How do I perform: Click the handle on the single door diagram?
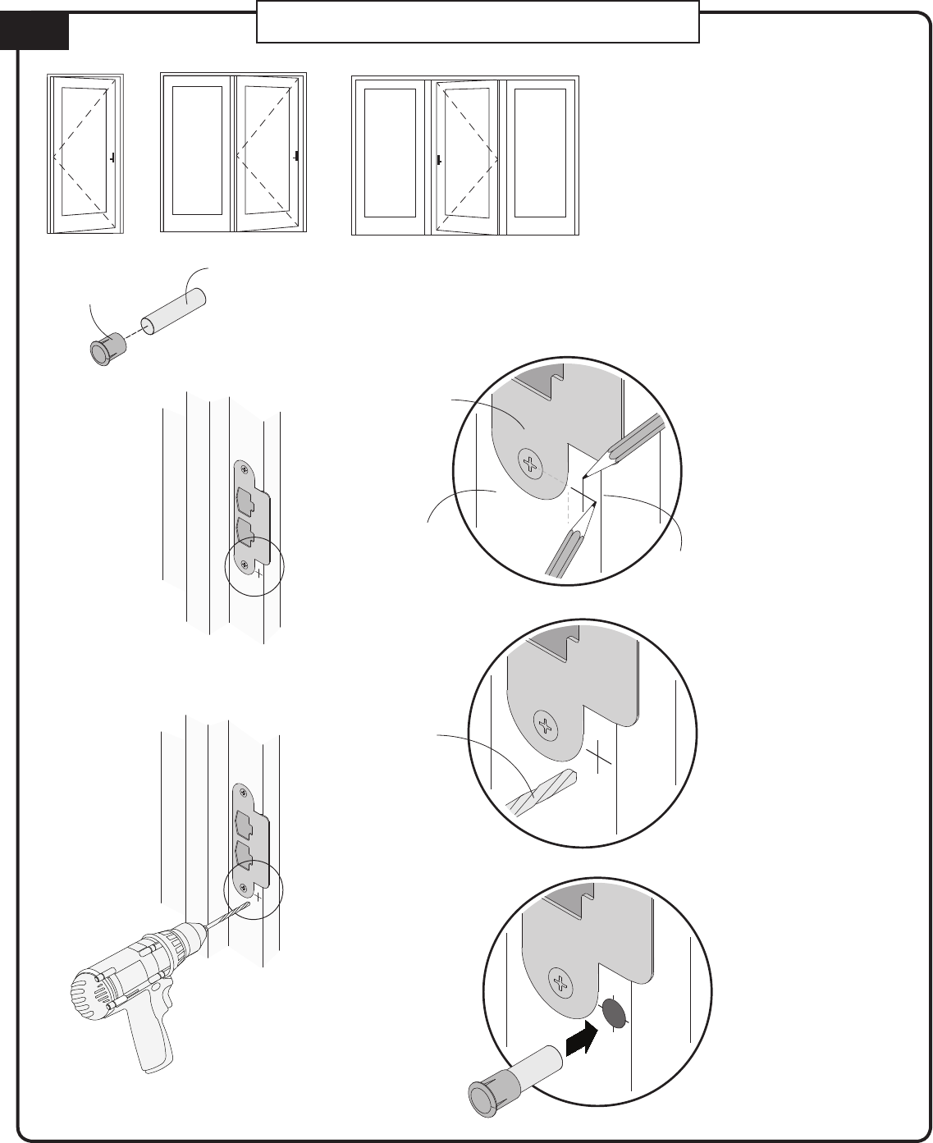pos(112,156)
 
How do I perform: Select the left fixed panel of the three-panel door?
pos(390,154)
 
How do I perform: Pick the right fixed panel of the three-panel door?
pos(539,154)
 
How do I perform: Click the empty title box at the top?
pos(478,22)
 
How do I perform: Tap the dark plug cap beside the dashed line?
pos(104,349)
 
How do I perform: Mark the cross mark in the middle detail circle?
pos(600,755)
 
